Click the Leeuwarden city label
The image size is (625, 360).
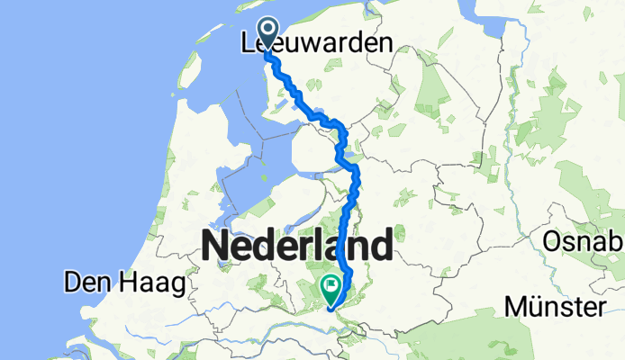tap(317, 42)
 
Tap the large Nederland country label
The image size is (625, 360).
tap(297, 245)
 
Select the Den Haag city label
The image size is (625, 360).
tap(123, 283)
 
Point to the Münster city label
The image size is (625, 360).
tap(553, 308)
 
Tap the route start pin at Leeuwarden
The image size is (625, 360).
tap(267, 33)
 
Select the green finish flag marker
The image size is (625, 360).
tap(331, 289)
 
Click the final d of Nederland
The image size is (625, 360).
tap(382, 245)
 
